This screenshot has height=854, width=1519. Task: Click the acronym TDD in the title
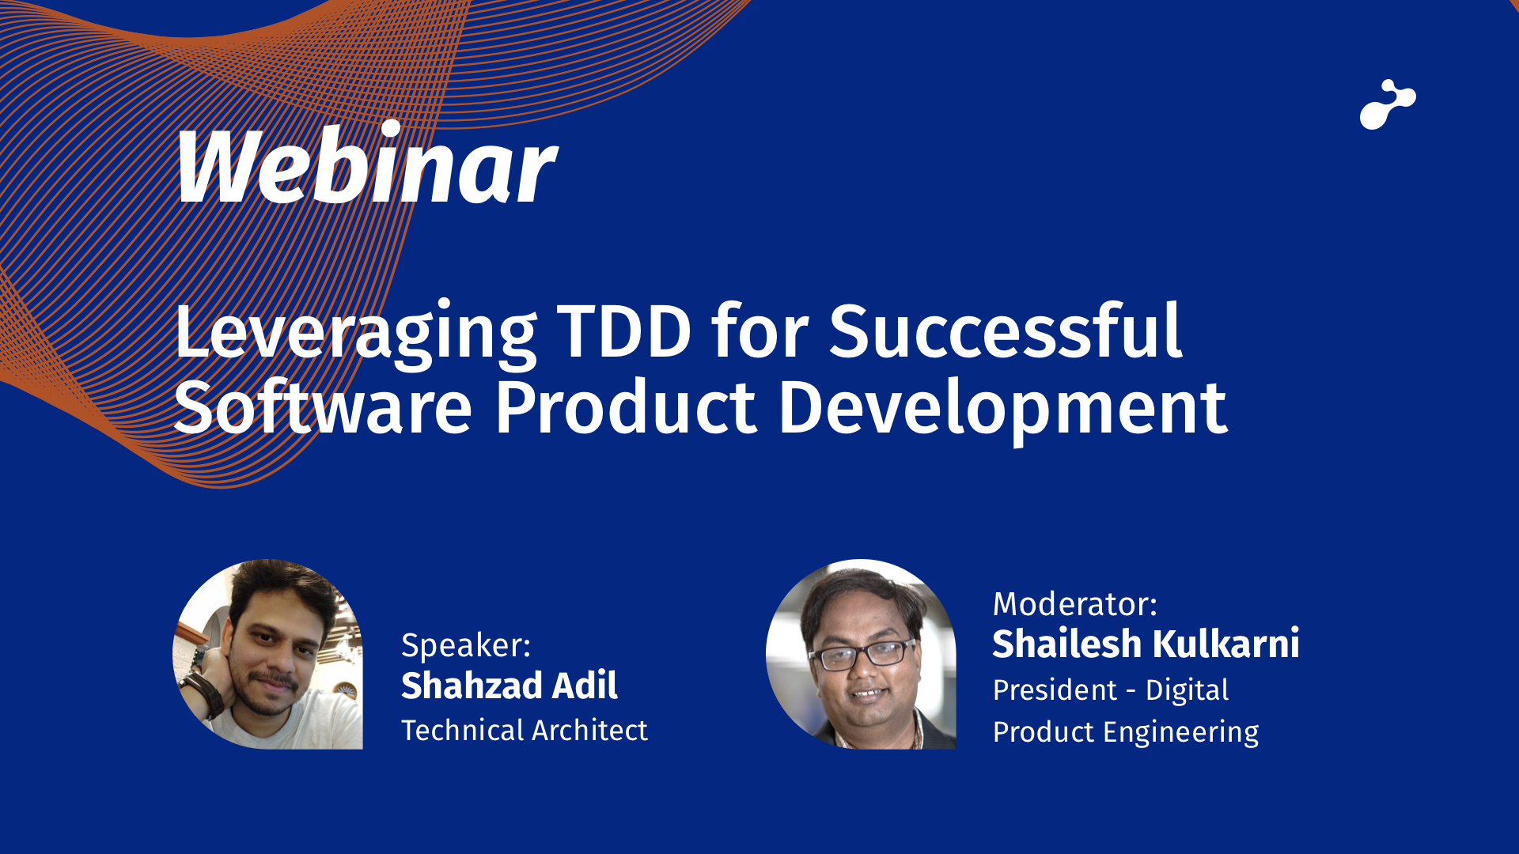pos(625,332)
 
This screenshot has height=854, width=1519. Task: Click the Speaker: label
pos(466,646)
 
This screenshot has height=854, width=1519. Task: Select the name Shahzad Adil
pos(509,686)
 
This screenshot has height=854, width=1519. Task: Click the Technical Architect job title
pos(525,731)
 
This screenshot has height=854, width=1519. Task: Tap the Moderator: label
pos(1075,604)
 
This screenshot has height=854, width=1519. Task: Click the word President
pos(1054,690)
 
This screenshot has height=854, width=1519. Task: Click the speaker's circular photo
pos(267,654)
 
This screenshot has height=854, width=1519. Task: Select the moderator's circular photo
pos(861,654)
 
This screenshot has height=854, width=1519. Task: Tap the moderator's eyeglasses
pos(862,654)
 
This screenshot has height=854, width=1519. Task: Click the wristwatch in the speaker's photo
pos(207,688)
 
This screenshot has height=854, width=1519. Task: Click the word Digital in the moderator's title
pos(1188,691)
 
